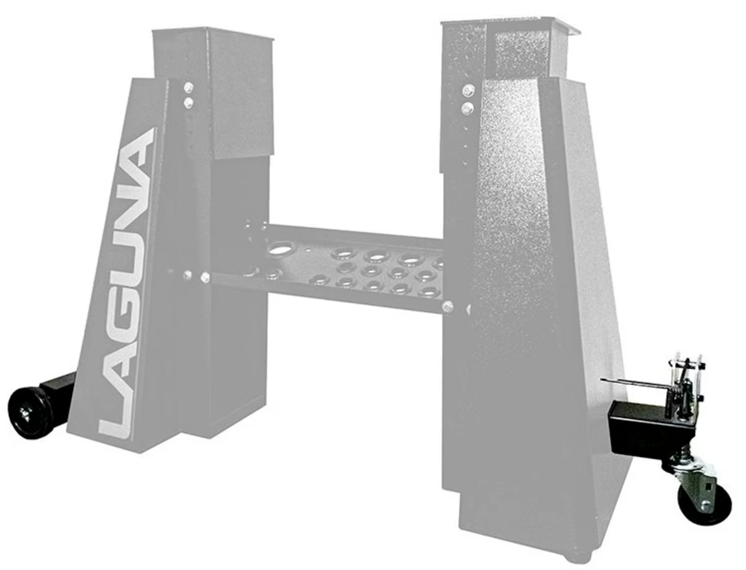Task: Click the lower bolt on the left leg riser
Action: click(189, 102)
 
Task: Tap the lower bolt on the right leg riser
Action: click(468, 109)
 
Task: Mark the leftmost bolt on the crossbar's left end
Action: click(187, 274)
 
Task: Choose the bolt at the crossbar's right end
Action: click(448, 306)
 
